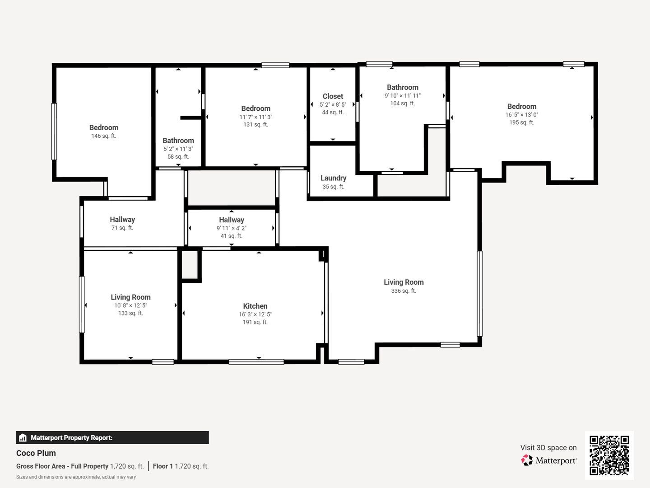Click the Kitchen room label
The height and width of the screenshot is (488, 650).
[x=255, y=306]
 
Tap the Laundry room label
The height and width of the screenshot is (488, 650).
[x=334, y=178]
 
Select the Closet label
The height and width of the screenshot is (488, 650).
[x=333, y=96]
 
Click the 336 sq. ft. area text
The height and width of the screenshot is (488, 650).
[x=404, y=291]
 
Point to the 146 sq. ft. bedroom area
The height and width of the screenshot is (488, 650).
[x=104, y=136]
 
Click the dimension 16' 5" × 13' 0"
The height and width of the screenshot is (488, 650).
[x=521, y=115]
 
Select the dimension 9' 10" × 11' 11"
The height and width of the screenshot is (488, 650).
[x=403, y=96]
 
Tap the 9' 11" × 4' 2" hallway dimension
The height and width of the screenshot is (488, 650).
[x=232, y=228]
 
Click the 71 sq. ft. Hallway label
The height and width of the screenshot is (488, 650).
[x=122, y=220]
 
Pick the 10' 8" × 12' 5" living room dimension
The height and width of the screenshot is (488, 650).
[x=130, y=305]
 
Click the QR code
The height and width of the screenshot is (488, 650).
[x=609, y=455]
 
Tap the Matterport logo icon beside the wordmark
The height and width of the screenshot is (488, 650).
[x=527, y=460]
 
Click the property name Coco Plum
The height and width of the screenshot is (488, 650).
[x=36, y=453]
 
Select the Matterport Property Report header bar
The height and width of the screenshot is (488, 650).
[x=112, y=438]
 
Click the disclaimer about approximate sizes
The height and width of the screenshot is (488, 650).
[x=76, y=477]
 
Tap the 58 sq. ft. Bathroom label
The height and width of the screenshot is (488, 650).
[x=178, y=141]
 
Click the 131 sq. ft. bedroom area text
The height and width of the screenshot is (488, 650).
[x=255, y=125]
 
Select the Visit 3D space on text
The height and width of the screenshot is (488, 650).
[x=548, y=448]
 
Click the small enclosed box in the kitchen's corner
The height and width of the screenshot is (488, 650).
[x=190, y=265]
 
